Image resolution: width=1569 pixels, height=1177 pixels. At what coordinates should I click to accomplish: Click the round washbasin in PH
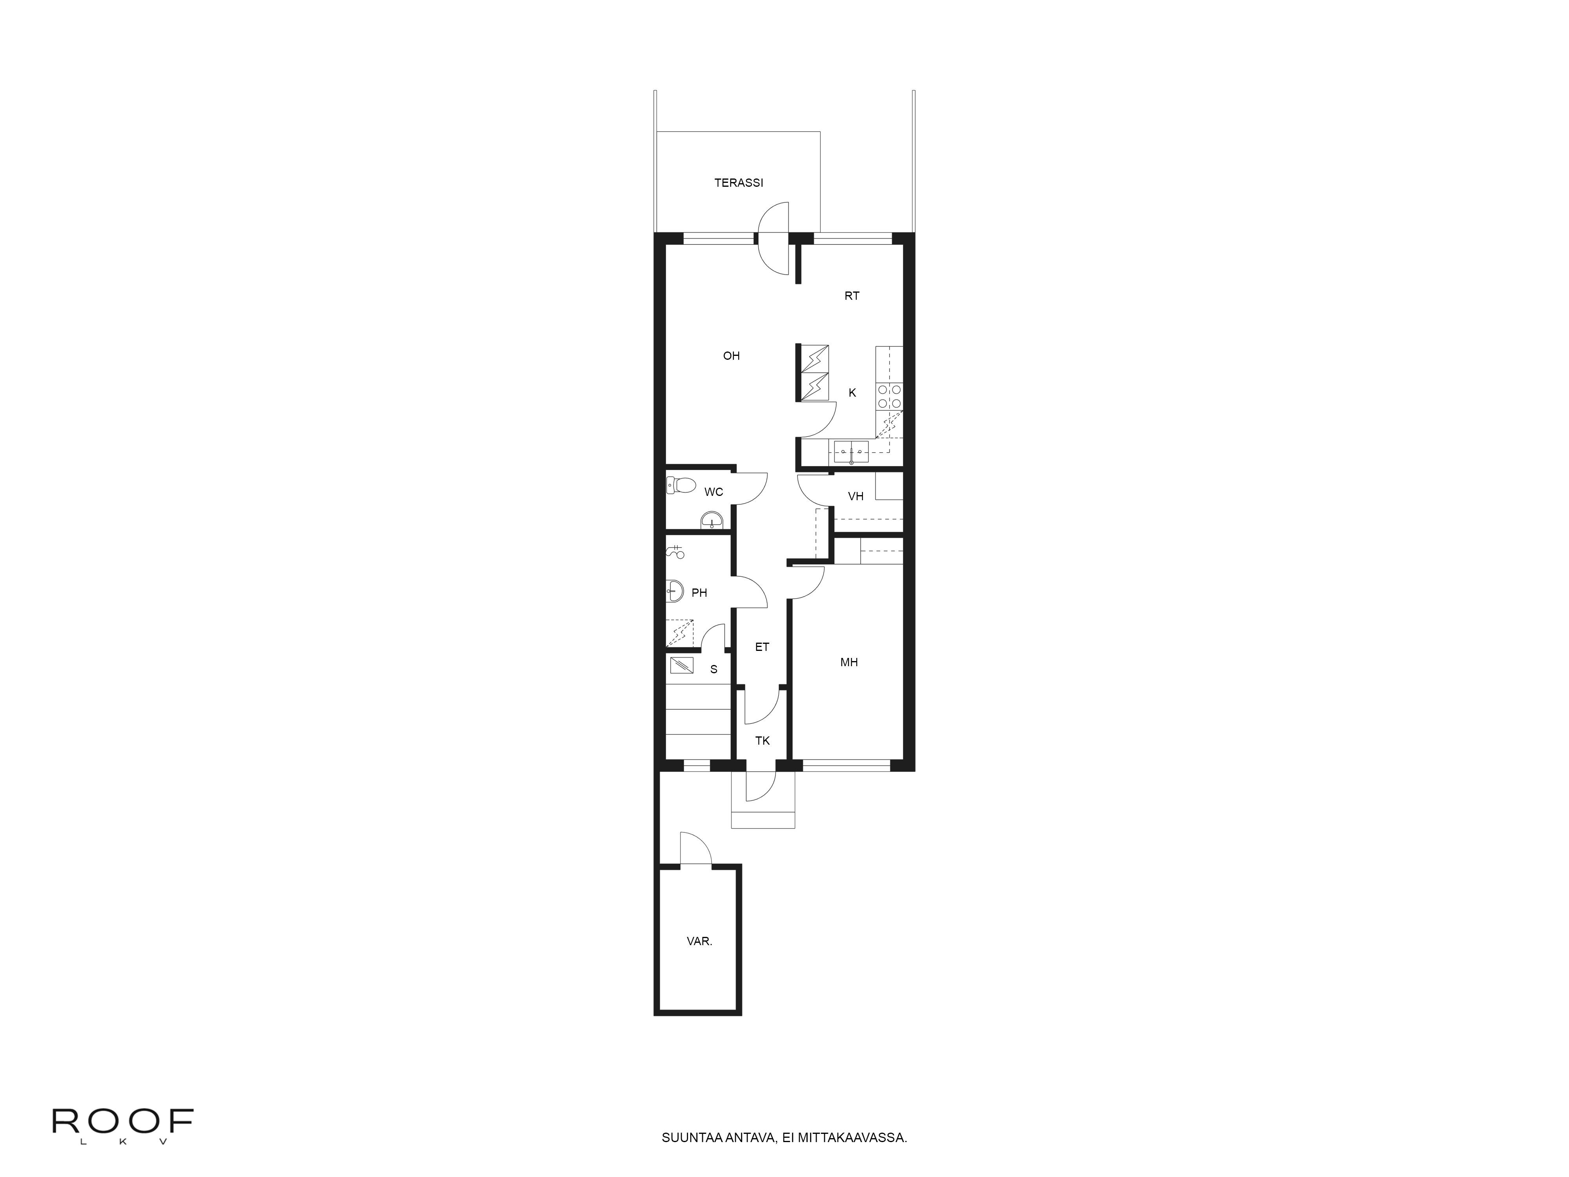tap(675, 590)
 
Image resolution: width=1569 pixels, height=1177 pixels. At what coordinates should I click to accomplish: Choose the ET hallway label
tap(762, 647)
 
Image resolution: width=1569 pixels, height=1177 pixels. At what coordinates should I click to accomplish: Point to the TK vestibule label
tap(763, 741)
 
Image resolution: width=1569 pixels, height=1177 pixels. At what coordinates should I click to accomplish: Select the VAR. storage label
tap(699, 942)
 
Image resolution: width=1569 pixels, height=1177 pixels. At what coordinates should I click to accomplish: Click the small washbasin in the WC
tap(712, 521)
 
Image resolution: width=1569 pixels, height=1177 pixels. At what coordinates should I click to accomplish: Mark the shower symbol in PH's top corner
tap(675, 551)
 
